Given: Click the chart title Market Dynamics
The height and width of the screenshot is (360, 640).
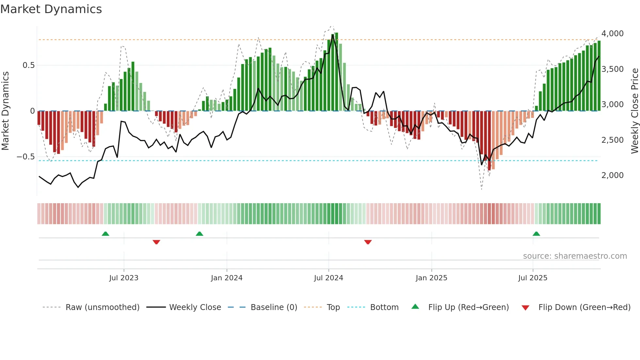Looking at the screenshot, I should coord(51,9).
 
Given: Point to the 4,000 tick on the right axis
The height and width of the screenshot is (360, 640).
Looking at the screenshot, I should coord(612,34).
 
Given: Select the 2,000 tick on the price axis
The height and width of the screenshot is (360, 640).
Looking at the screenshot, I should coord(612,175).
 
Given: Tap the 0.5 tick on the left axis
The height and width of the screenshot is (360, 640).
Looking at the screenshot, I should coord(28,65).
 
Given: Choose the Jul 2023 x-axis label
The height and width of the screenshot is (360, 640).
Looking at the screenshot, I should coord(124,278).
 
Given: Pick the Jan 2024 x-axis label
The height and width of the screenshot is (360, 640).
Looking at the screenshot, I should coord(227,278).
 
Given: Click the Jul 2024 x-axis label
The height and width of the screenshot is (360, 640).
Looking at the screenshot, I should coord(328,278).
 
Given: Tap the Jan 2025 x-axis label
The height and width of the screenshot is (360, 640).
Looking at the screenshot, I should coord(431,278).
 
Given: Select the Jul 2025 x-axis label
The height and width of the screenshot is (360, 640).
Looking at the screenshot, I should coord(533,278).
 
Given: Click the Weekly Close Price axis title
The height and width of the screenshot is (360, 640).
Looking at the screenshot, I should coord(634,111).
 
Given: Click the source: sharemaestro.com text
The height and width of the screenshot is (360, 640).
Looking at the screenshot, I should coord(575,256).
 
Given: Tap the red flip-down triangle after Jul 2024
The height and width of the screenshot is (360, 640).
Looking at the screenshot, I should coord(368,242).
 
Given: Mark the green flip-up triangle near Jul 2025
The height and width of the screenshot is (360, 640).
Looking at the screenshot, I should coord(536,234).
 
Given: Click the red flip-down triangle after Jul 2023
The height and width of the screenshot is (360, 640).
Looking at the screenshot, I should coord(156,242).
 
